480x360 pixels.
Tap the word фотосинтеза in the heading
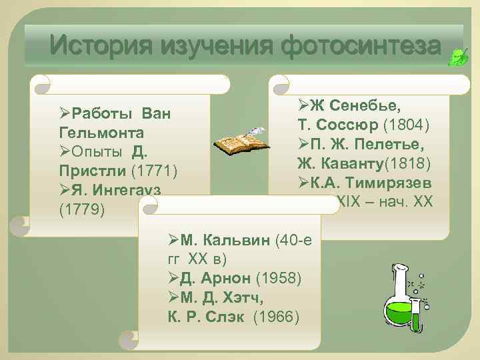(361, 46)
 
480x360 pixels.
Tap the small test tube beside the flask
(416, 313)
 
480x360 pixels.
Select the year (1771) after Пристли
(153, 171)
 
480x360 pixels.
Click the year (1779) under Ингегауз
(81, 209)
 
